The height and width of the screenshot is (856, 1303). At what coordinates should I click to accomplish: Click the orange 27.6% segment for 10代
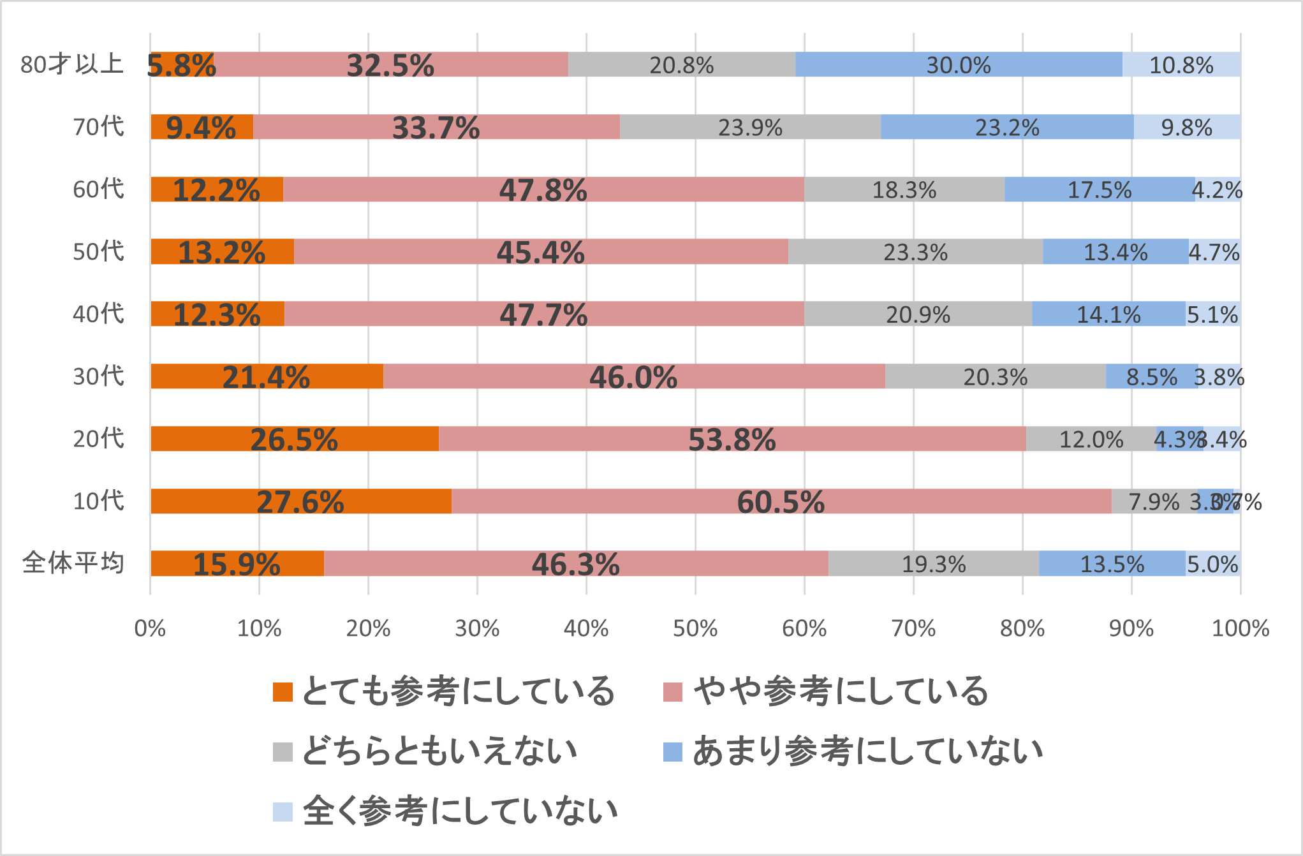[x=300, y=501]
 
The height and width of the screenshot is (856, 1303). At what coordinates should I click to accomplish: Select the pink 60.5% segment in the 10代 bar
[x=781, y=501]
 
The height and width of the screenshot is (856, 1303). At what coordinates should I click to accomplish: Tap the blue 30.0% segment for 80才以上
[x=959, y=64]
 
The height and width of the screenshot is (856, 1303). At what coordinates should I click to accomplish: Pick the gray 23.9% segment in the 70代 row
[x=750, y=127]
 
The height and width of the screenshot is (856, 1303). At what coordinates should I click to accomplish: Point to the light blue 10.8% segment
[x=1181, y=64]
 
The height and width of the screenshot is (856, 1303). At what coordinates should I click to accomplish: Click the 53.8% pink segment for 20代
[x=732, y=439]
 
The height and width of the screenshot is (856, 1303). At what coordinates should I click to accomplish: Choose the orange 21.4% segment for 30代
[x=267, y=376]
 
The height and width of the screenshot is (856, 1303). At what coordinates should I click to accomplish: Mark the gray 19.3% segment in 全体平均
[x=934, y=564]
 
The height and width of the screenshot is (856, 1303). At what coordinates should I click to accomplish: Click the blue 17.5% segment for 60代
[x=1100, y=189]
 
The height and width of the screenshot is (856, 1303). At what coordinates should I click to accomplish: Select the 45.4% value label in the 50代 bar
[x=541, y=252]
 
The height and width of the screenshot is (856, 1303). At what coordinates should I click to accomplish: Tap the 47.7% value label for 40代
[x=543, y=314]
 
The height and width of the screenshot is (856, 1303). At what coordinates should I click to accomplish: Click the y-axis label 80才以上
[x=71, y=64]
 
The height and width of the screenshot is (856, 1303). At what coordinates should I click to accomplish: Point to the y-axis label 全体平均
[x=73, y=564]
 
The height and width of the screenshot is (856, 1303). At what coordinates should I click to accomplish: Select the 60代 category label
[x=98, y=189]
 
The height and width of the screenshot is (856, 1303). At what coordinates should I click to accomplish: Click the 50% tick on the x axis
[x=695, y=629]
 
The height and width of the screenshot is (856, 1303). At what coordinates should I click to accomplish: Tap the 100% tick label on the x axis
[x=1240, y=629]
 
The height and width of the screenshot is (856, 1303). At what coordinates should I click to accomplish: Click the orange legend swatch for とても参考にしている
[x=283, y=692]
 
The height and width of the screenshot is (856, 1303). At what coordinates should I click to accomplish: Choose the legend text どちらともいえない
[x=439, y=751]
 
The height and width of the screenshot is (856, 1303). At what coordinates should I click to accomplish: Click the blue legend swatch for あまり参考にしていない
[x=673, y=751]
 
